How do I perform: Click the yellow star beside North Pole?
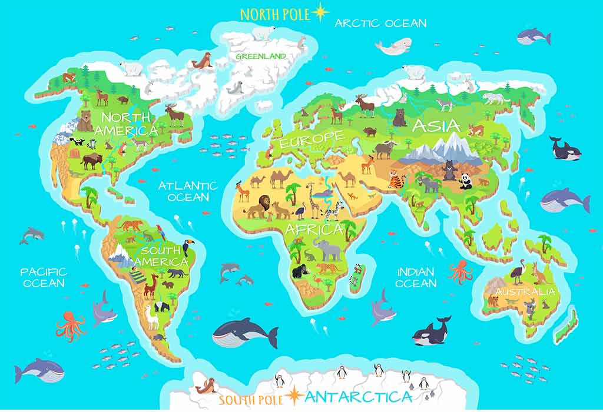pyautogui.click(x=321, y=12)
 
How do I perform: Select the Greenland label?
pyautogui.click(x=261, y=57)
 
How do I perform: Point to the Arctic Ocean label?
pyautogui.click(x=380, y=24)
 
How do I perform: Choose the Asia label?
pyautogui.click(x=436, y=125)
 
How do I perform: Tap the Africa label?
pyautogui.click(x=313, y=229)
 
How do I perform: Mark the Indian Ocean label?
pyautogui.click(x=416, y=278)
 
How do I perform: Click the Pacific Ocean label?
pyautogui.click(x=44, y=277)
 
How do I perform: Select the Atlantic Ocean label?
pyautogui.click(x=188, y=191)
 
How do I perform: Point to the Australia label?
pyautogui.click(x=525, y=291)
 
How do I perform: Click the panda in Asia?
pyautogui.click(x=465, y=181)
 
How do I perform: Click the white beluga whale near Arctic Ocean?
pyautogui.click(x=393, y=46)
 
